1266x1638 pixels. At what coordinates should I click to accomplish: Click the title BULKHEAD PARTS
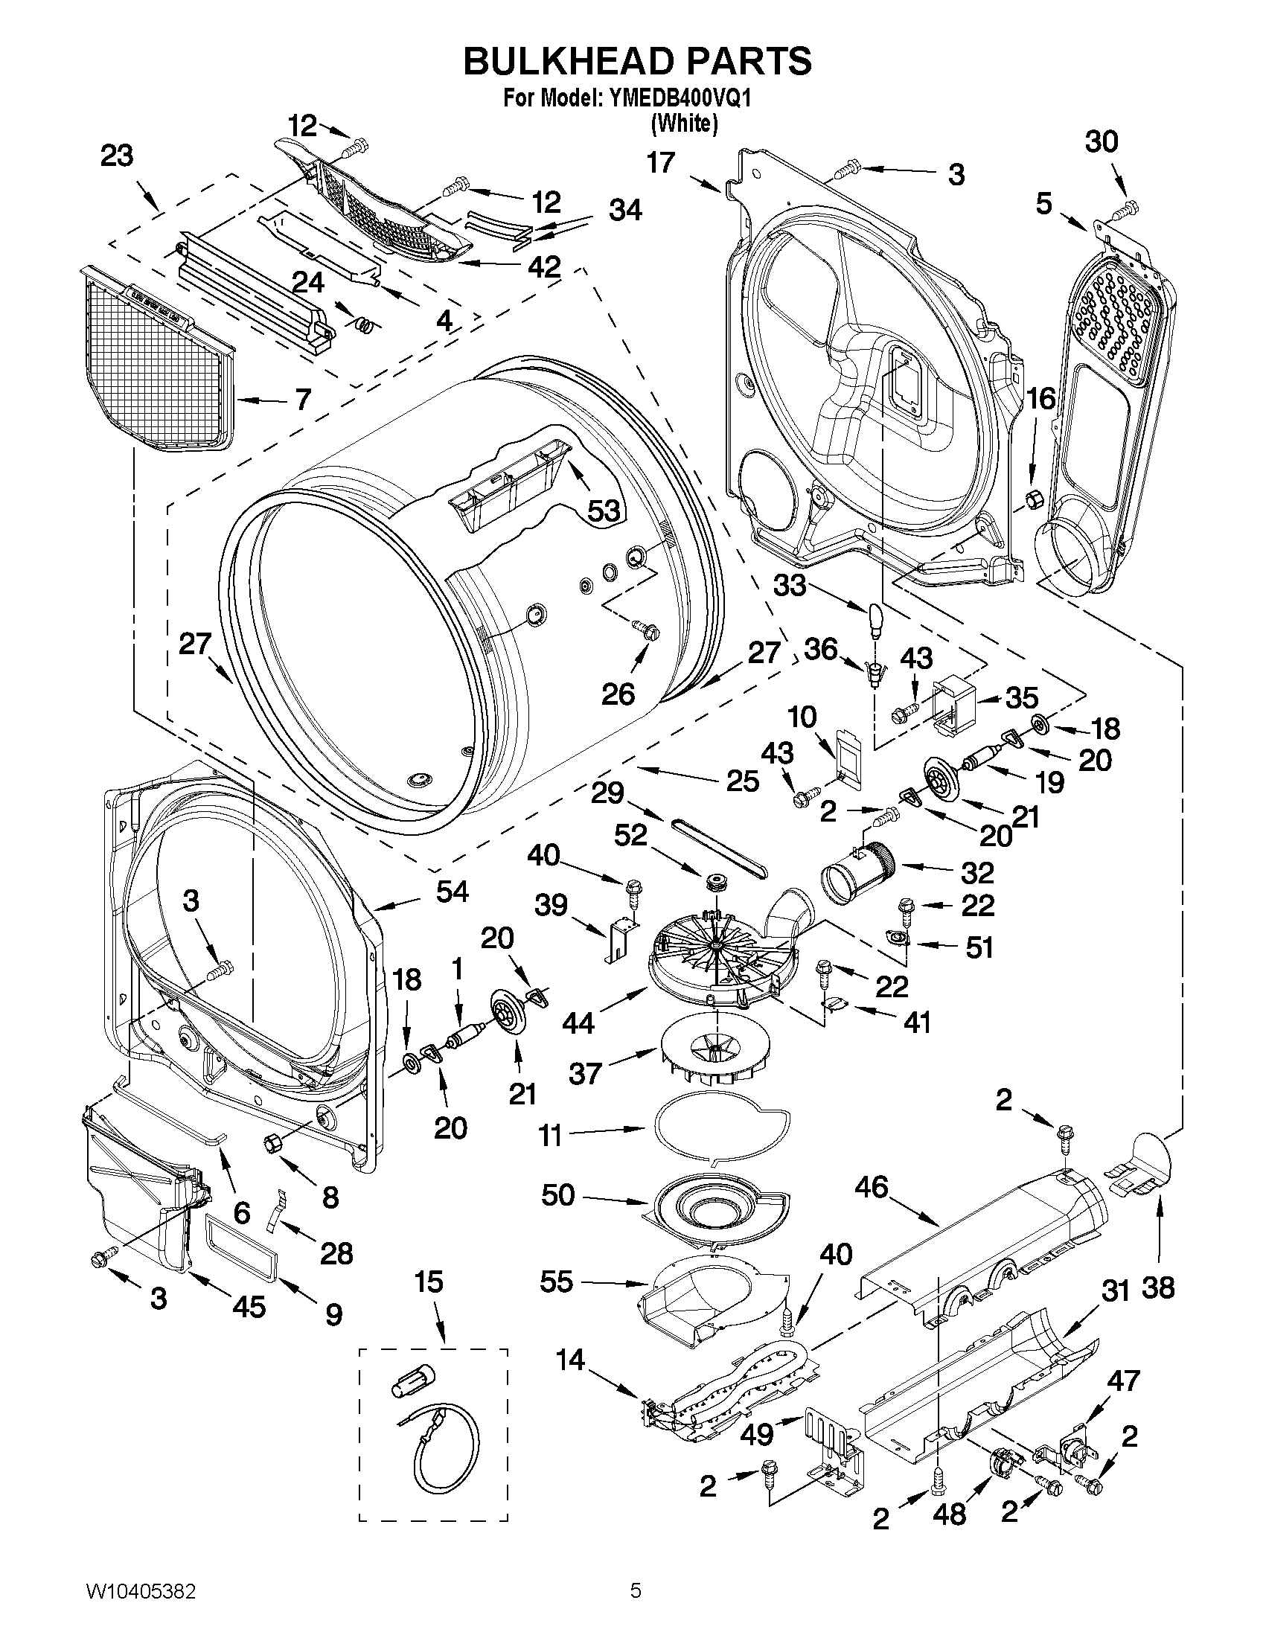pos(637,62)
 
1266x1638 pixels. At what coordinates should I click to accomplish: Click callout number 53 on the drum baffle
pos(603,511)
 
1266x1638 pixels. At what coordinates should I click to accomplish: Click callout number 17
pos(661,162)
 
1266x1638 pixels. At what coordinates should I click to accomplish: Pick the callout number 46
pos(871,1186)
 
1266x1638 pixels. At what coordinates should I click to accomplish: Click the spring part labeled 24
pos(364,323)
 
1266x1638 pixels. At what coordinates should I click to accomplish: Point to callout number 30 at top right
pos(1101,141)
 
